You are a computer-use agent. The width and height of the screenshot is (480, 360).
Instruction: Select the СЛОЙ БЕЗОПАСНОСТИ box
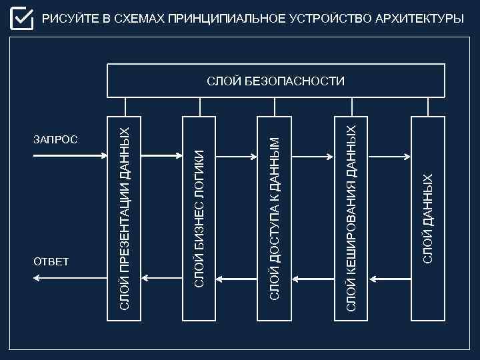(276, 81)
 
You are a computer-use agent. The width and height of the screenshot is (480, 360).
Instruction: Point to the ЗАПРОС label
(56, 140)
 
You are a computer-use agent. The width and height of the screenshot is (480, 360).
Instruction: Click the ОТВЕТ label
(51, 261)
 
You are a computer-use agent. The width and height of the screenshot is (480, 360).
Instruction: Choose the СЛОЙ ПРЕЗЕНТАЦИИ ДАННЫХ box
(125, 217)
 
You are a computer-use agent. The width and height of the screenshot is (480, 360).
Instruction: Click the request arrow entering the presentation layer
(71, 156)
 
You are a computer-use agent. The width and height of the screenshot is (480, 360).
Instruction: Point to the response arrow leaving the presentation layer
(71, 277)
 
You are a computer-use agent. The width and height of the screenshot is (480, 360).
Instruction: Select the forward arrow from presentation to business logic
(162, 156)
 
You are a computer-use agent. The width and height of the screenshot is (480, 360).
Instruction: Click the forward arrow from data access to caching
(312, 157)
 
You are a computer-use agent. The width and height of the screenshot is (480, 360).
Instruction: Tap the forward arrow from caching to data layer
(389, 157)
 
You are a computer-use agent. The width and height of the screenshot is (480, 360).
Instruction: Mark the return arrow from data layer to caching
(389, 277)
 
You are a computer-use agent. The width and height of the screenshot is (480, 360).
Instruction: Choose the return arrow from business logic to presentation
(162, 277)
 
